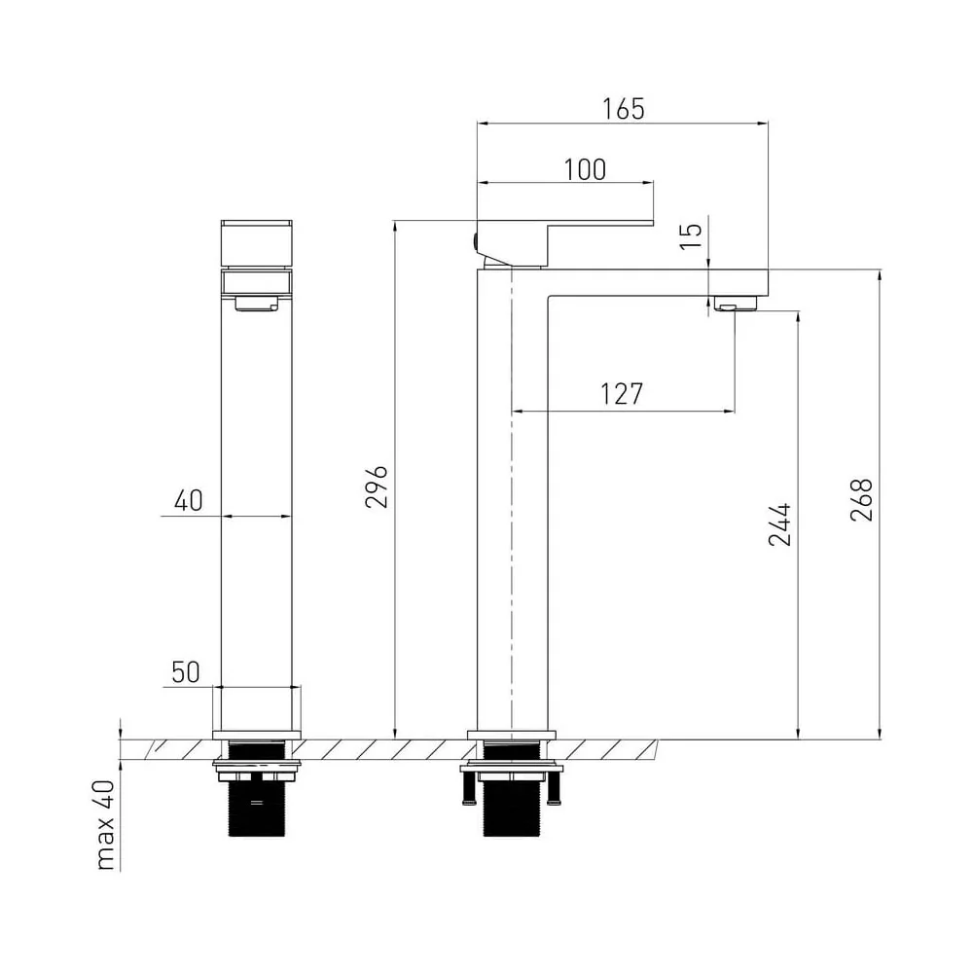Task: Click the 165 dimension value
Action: pyautogui.click(x=624, y=109)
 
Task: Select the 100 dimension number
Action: pyautogui.click(x=585, y=170)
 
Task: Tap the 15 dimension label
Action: pyautogui.click(x=691, y=235)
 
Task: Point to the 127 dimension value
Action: pyautogui.click(x=622, y=394)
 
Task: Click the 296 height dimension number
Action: pyautogui.click(x=376, y=486)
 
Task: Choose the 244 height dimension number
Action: pyautogui.click(x=780, y=524)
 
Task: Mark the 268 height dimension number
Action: pyautogui.click(x=861, y=499)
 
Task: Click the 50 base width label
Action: pyautogui.click(x=186, y=672)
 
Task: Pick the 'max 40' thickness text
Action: pyautogui.click(x=106, y=825)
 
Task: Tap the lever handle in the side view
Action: pyautogui.click(x=564, y=243)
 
